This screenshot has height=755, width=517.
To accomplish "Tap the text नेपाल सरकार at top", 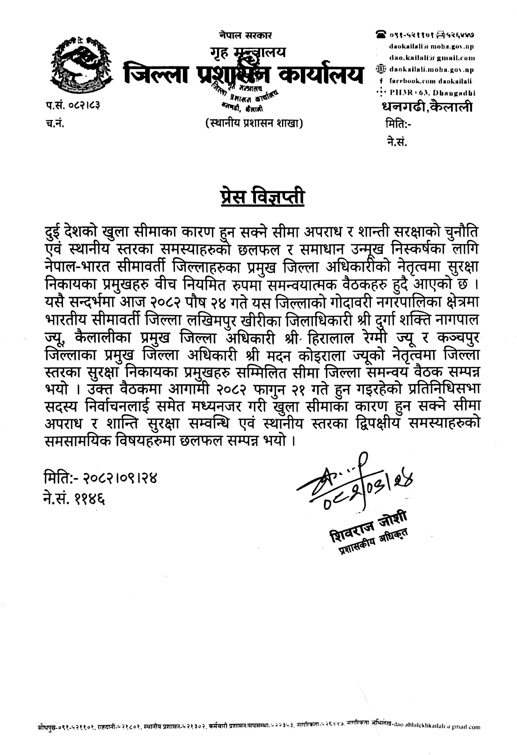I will pyautogui.click(x=245, y=35).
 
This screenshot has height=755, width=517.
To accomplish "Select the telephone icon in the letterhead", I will pyautogui.click(x=381, y=34).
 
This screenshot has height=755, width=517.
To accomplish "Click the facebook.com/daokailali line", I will pyautogui.click(x=431, y=81).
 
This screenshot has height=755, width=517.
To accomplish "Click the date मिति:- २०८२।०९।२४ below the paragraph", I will pyautogui.click(x=100, y=478).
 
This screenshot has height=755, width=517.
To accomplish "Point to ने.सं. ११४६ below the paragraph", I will pyautogui.click(x=74, y=497).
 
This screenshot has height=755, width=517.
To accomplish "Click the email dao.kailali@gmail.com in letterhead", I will pyautogui.click(x=432, y=58).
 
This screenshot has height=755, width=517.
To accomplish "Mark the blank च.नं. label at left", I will pyautogui.click(x=55, y=123).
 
